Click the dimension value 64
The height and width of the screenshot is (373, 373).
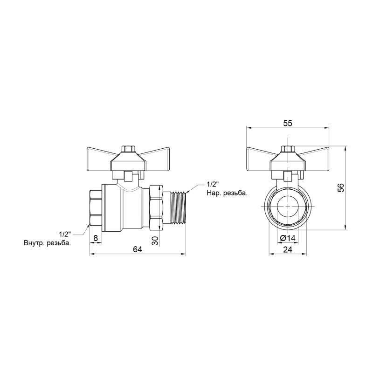pos(138,249)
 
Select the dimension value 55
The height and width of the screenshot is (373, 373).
pos(288,123)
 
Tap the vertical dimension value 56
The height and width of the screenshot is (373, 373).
pos(340,188)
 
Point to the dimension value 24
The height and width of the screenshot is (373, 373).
pos(288,249)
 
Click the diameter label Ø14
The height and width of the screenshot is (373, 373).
pos(288,239)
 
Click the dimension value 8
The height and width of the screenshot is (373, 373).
pos(96,238)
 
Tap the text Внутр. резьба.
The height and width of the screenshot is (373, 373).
pos(47,243)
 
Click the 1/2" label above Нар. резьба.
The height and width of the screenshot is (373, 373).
pos(212,183)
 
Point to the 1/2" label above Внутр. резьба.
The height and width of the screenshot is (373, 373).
pos(66,234)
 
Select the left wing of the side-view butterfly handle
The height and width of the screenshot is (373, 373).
pos(101,155)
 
